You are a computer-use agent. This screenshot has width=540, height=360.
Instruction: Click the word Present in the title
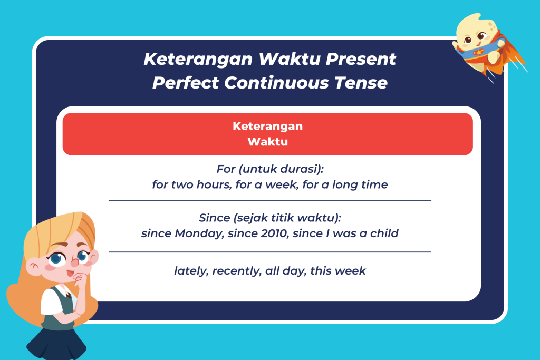tap(361, 59)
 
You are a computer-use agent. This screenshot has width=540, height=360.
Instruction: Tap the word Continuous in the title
tap(276, 83)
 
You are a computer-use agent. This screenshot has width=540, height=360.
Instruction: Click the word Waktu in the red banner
tap(267, 141)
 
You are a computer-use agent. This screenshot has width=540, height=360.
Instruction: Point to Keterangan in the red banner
tap(267, 127)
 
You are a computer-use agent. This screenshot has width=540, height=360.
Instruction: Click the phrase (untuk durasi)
tap(281, 169)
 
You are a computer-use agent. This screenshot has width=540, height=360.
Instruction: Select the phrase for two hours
tap(191, 184)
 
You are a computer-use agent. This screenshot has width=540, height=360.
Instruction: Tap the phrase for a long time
tap(345, 184)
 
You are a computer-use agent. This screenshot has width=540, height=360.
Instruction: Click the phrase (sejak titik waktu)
tap(287, 218)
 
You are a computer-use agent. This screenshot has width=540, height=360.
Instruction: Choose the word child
tap(384, 233)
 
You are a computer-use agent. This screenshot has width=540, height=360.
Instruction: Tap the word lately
tap(191, 271)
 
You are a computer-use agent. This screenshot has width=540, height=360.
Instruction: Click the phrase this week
tap(338, 271)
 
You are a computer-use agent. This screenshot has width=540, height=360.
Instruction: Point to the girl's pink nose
tap(74, 263)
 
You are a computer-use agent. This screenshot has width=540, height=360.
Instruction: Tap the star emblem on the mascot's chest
tap(478, 52)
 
